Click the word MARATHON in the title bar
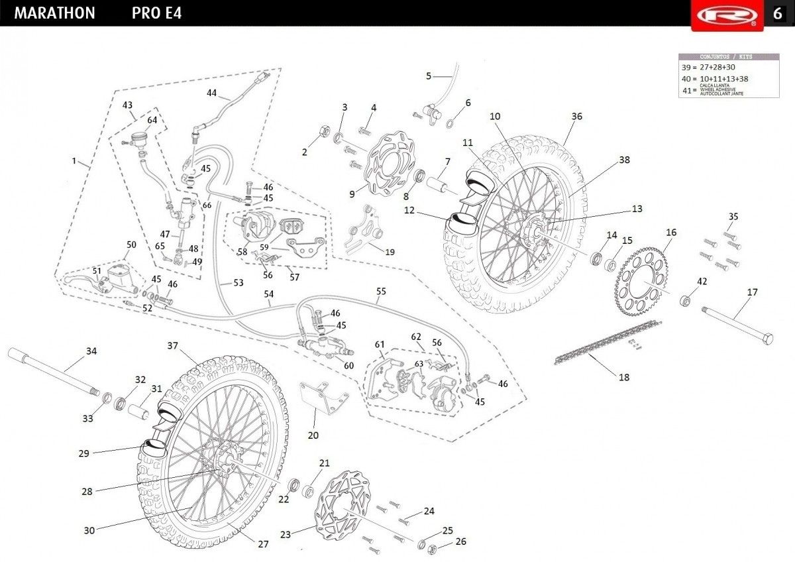pyautogui.click(x=54, y=13)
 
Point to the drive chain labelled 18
pyautogui.click(x=606, y=341)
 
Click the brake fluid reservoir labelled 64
pyautogui.click(x=138, y=139)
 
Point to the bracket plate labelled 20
pyautogui.click(x=321, y=398)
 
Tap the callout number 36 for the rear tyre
pyautogui.click(x=576, y=116)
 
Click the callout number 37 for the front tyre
pyautogui.click(x=173, y=345)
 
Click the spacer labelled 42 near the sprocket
pyautogui.click(x=686, y=302)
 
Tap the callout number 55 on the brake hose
pyautogui.click(x=380, y=291)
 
